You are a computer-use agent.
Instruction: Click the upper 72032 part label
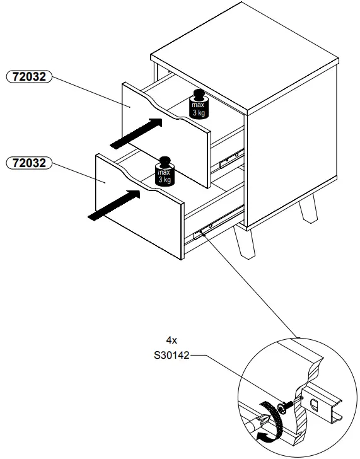pos(28,77)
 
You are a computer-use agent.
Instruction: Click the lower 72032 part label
pos(28,163)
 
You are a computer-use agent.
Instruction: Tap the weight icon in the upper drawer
pos(198,107)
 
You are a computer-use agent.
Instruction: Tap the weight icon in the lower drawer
pos(165,173)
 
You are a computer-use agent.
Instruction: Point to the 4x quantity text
pos(171,339)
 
